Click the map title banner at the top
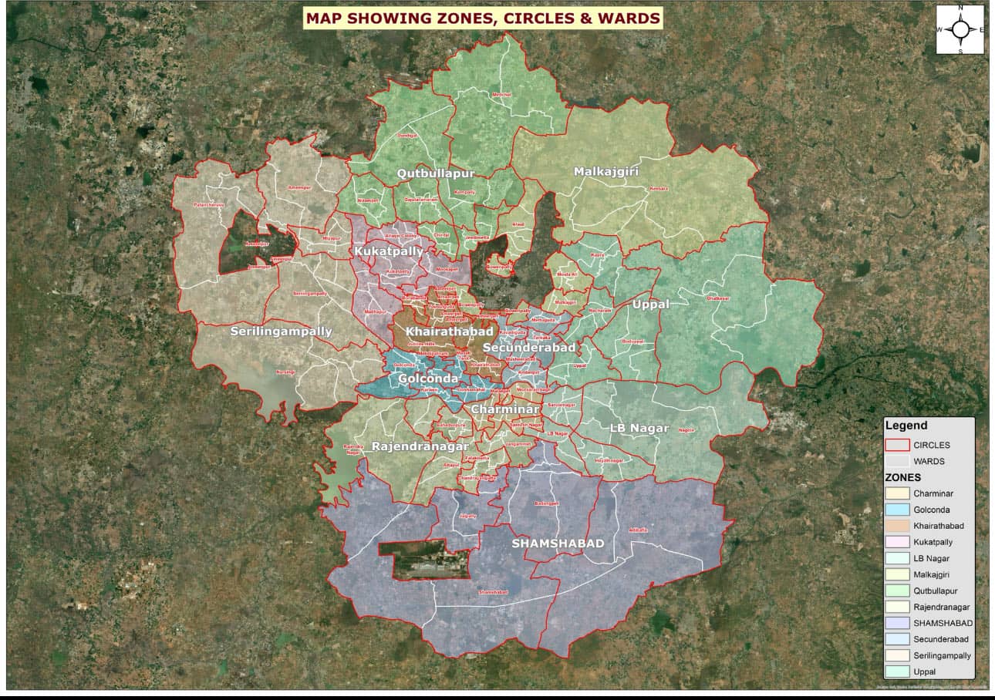click(483, 18)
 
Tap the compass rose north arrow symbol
click(960, 30)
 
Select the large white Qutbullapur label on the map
click(435, 173)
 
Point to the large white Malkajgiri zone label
click(606, 171)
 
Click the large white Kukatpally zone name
click(389, 251)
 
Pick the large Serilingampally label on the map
click(281, 331)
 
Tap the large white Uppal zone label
click(650, 305)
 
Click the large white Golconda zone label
click(428, 379)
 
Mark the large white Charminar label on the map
click(505, 409)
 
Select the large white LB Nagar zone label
click(638, 428)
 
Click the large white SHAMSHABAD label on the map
click(558, 544)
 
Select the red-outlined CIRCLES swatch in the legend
click(896, 445)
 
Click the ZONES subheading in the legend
click(902, 477)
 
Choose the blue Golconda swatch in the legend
click(896, 510)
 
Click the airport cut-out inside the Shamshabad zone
click(424, 559)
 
